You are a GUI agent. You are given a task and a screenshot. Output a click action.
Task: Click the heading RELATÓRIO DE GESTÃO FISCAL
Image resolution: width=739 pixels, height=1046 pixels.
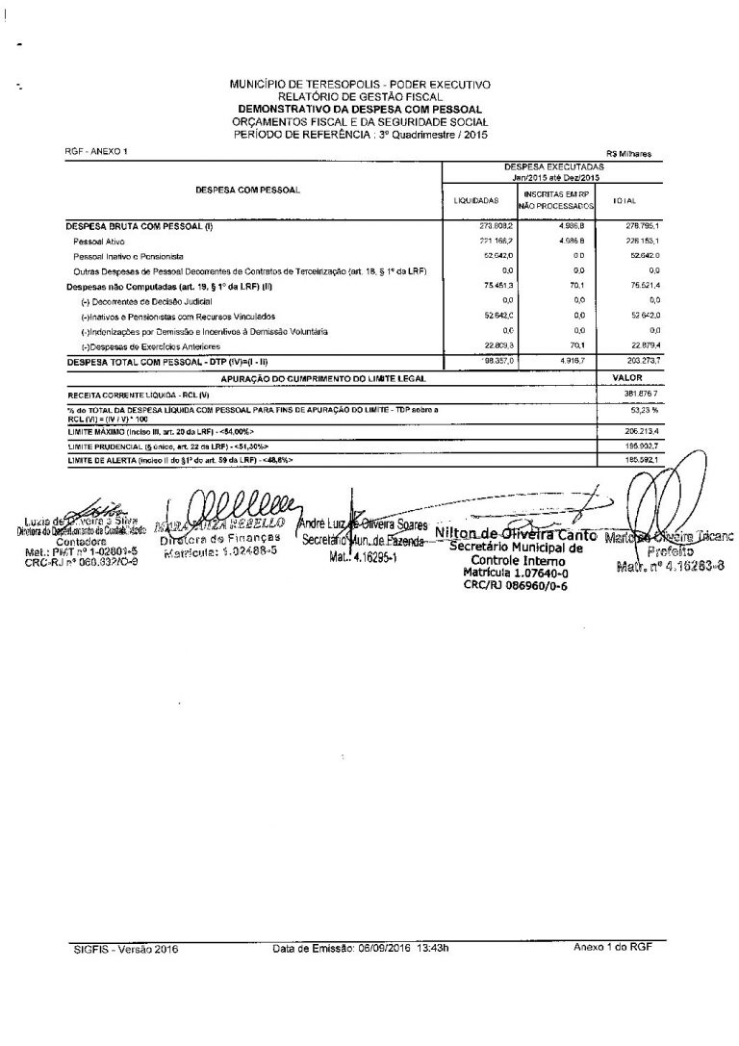360,96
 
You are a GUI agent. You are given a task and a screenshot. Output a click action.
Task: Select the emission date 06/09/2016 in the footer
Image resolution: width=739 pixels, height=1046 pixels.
385,948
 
